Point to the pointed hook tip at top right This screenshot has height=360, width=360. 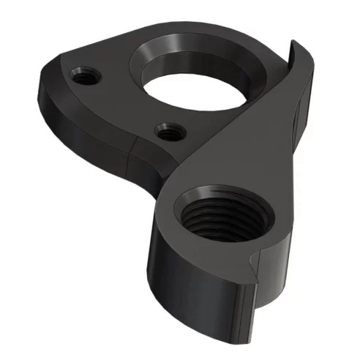[294, 45]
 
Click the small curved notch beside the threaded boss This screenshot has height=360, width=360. [254, 262]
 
